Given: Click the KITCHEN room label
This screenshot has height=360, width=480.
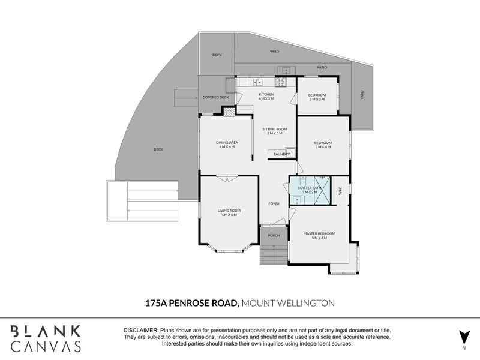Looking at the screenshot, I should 266,95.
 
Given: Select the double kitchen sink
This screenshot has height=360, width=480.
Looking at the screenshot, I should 257,82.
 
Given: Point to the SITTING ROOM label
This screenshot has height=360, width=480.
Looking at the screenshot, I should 275,130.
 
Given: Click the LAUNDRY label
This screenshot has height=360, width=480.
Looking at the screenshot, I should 281,154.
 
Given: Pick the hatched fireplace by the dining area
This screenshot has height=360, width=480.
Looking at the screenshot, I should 229,112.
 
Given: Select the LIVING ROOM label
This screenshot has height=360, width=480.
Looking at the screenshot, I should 229,211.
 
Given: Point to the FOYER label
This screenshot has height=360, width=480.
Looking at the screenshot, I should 274,203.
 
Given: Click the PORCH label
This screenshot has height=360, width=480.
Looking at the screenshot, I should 274,235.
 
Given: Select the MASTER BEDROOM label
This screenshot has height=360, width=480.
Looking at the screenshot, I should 319,233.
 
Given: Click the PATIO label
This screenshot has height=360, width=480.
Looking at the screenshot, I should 322,68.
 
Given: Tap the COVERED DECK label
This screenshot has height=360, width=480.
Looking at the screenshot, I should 216,97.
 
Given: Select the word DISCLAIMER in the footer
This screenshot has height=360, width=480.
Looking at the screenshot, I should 140,331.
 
